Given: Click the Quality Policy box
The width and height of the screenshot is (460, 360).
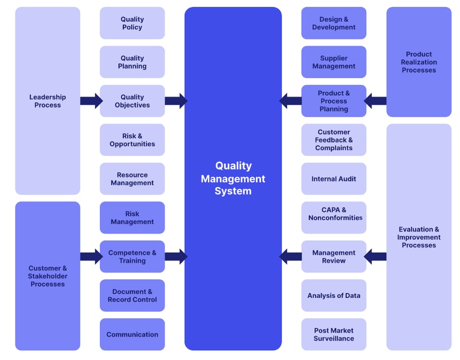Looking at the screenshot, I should [132, 23].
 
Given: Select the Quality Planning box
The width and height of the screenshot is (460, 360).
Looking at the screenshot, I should [132, 62].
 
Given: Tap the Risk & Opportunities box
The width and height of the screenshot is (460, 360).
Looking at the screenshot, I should [132, 140].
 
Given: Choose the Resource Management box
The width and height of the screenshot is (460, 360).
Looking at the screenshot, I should [132, 179].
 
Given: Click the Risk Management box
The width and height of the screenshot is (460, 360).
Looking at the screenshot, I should [132, 217].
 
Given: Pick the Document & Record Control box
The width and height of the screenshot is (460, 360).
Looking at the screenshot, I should [132, 296].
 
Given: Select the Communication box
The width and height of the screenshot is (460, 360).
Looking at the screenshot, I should [132, 334].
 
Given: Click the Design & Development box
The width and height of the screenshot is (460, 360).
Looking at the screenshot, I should [333, 23].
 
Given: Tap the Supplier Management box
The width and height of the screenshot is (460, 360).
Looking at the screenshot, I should [333, 62].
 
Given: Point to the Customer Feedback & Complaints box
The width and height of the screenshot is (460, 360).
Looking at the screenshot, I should [333, 140].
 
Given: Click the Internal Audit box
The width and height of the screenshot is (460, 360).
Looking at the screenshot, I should [333, 179].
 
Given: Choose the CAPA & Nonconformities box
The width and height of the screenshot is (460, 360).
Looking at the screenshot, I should [333, 214].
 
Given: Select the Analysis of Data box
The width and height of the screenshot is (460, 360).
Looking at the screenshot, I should [333, 296].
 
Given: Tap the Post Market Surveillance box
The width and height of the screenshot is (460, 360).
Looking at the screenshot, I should [333, 334].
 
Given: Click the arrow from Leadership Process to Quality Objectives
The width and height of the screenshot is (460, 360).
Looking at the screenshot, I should [91, 101].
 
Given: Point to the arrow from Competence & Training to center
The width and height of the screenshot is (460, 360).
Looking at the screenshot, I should [175, 257].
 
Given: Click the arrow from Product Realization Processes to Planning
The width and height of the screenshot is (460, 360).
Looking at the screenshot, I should [375, 101].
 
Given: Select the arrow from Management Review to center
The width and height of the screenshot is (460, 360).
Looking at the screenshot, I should [291, 257].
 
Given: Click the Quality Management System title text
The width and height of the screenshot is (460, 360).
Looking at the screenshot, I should [233, 178].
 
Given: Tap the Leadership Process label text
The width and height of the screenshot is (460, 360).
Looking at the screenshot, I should [48, 101].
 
